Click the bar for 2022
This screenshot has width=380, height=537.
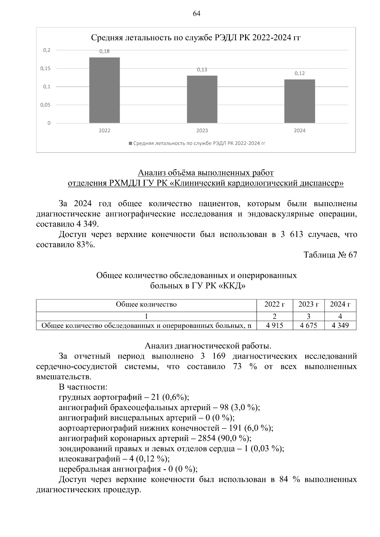104,90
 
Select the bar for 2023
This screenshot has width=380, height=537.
202,99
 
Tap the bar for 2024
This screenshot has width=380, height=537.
300,101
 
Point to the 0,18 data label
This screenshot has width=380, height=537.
104,51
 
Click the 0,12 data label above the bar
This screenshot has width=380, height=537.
300,73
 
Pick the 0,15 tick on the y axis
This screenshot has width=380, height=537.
45,68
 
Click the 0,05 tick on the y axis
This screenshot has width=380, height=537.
45,105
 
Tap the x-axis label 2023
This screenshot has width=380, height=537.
202,131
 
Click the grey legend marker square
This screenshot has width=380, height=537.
130,143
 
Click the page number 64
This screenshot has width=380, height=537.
196,14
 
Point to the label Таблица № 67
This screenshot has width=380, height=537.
330,255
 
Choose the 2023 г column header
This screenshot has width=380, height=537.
308,304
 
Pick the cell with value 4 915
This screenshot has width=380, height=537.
274,326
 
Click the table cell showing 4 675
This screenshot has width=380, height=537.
308,326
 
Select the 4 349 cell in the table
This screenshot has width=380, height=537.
340,326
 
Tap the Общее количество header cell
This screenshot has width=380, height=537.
146,304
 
